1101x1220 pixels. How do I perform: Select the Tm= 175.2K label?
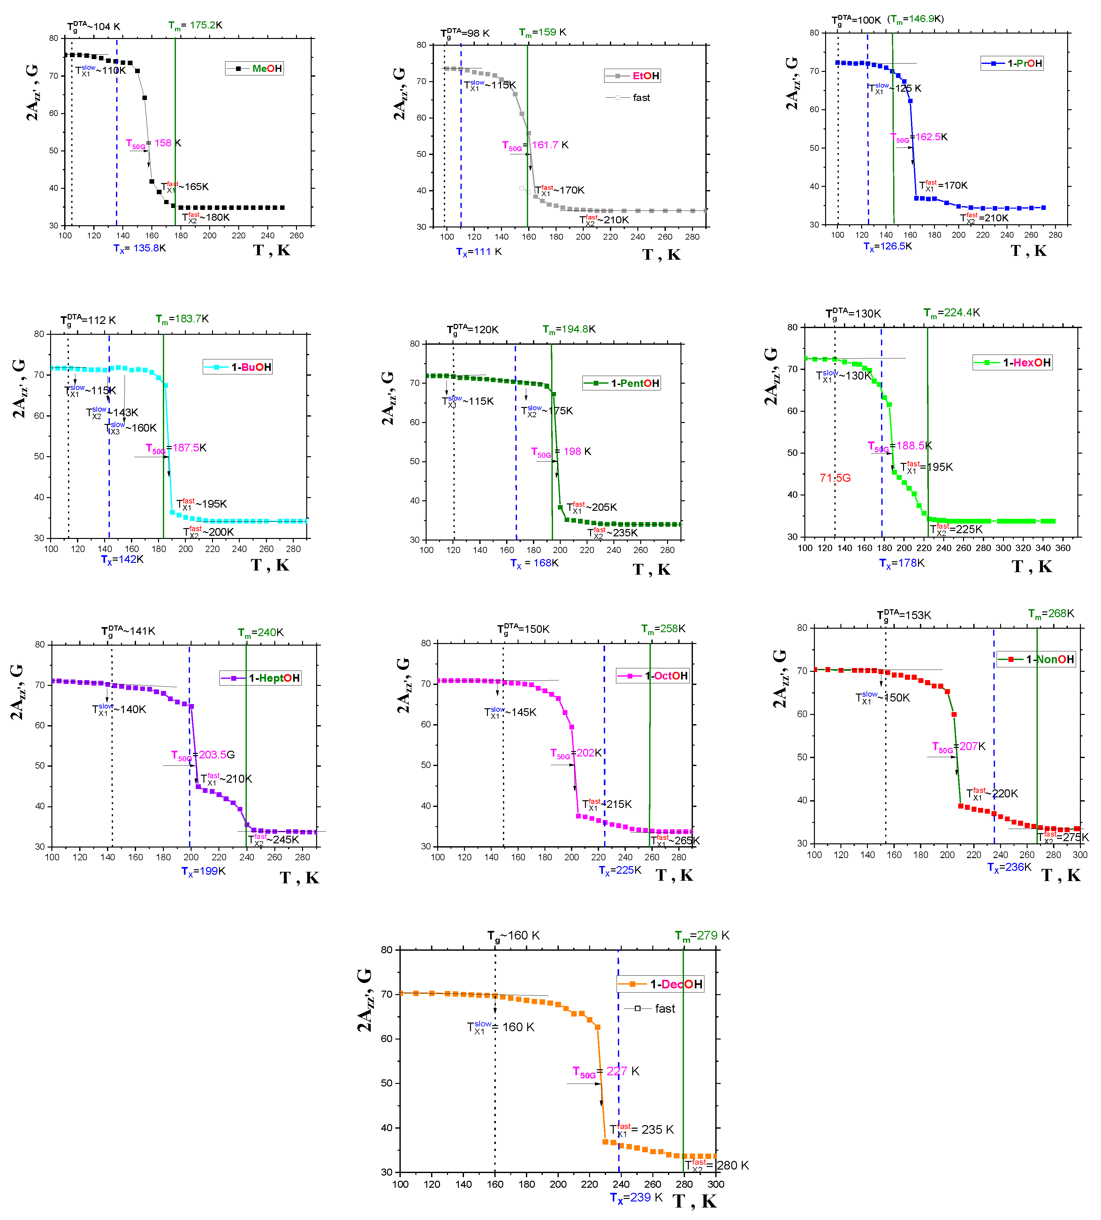click(195, 26)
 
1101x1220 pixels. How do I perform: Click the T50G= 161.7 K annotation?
click(535, 145)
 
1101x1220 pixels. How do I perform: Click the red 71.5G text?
click(835, 478)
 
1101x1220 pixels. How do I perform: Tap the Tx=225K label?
click(620, 870)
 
